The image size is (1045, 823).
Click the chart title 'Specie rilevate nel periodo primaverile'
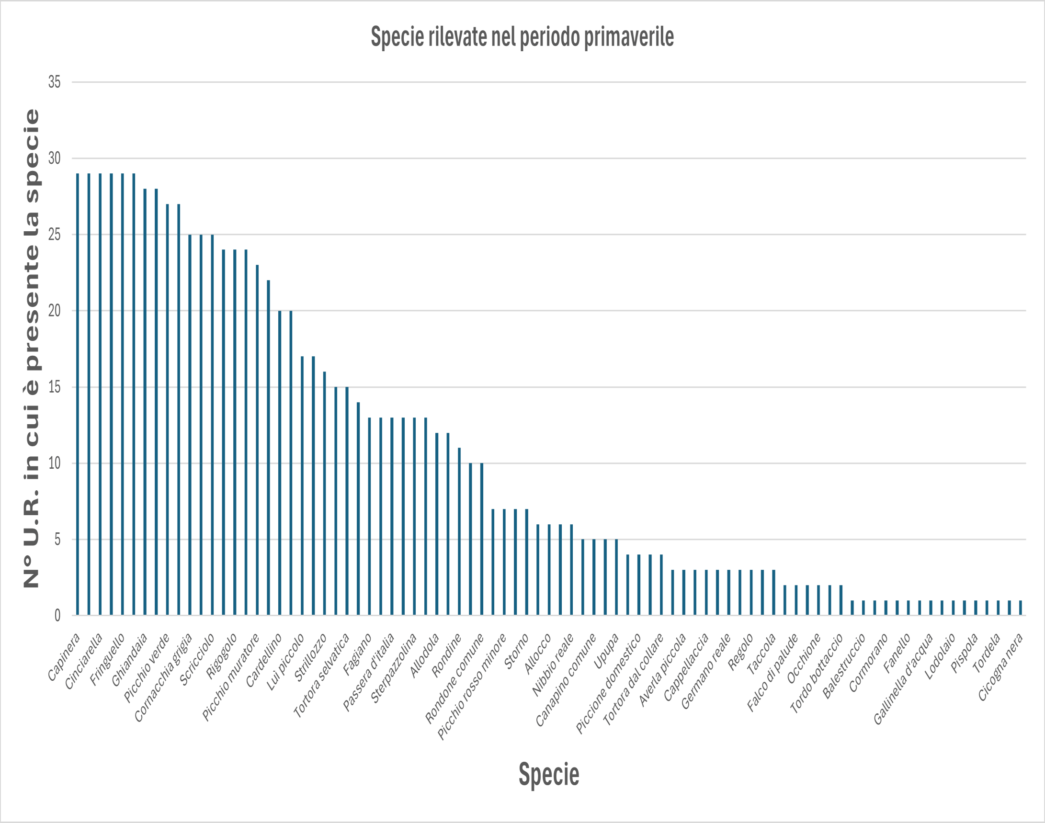pyautogui.click(x=522, y=37)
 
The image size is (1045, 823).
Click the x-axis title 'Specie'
pyautogui.click(x=548, y=774)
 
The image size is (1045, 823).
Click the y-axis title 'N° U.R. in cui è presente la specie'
pyautogui.click(x=31, y=348)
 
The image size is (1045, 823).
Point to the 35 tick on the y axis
pyautogui.click(x=55, y=82)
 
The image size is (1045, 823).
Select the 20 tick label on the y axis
pyautogui.click(x=55, y=311)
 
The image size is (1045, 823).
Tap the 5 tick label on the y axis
pyautogui.click(x=57, y=539)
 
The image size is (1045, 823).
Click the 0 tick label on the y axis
pyautogui.click(x=57, y=615)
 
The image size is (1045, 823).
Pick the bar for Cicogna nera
pyautogui.click(x=1021, y=608)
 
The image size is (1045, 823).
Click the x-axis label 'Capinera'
pyautogui.click(x=64, y=657)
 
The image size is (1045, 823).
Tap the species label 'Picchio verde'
pyautogui.click(x=147, y=667)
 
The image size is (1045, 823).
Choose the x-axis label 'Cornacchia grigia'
pyautogui.click(x=163, y=677)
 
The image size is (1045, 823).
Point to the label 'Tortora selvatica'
pyautogui.click(x=321, y=676)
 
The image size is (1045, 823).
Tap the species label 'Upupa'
pyautogui.click(x=606, y=652)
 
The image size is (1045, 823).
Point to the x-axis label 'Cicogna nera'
pyautogui.click(x=1000, y=667)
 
